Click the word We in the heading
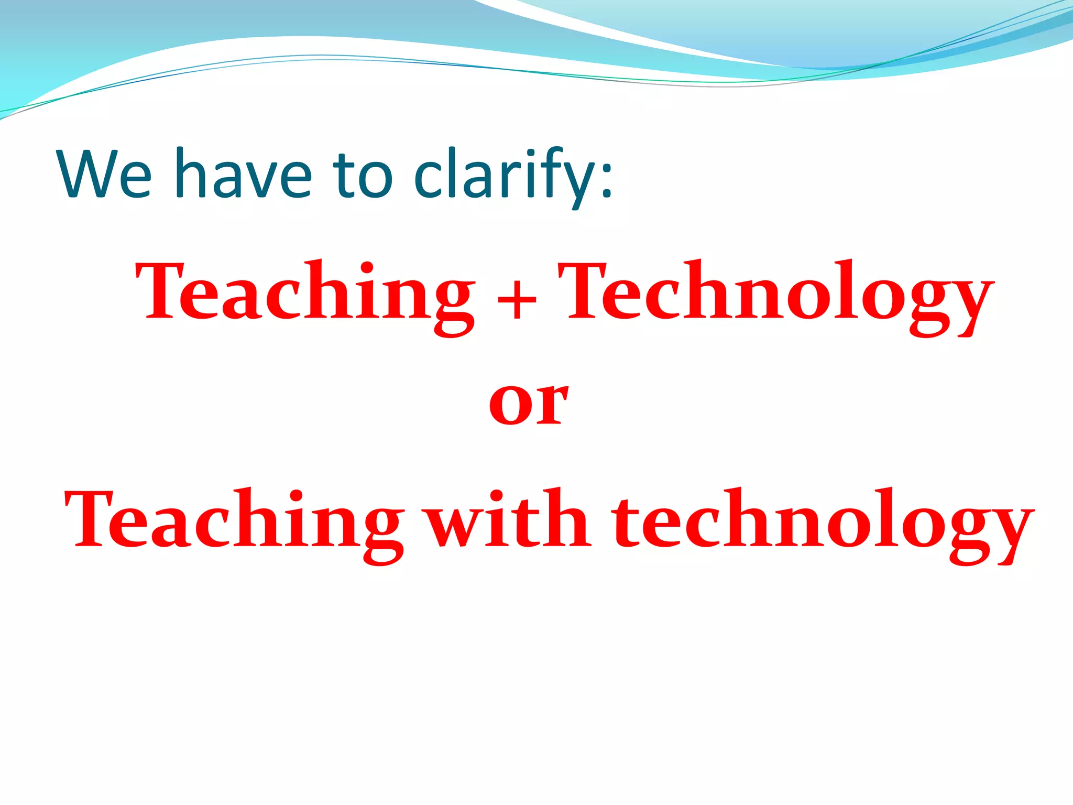(x=105, y=174)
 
